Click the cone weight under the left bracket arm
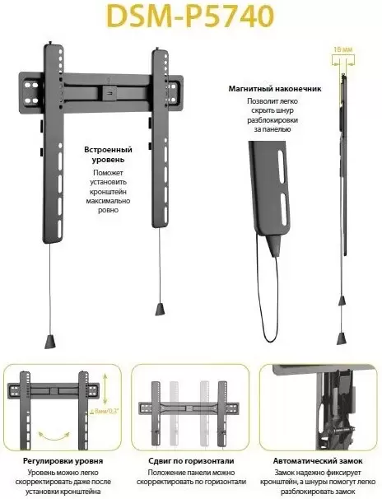pyautogui.click(x=52, y=339)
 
